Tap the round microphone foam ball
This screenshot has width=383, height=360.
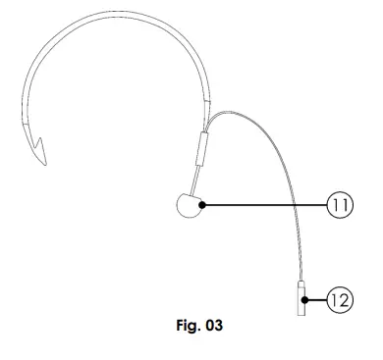pos(188,206)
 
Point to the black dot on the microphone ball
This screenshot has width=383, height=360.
pos(200,205)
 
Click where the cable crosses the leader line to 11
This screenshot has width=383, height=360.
pos(293,205)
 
